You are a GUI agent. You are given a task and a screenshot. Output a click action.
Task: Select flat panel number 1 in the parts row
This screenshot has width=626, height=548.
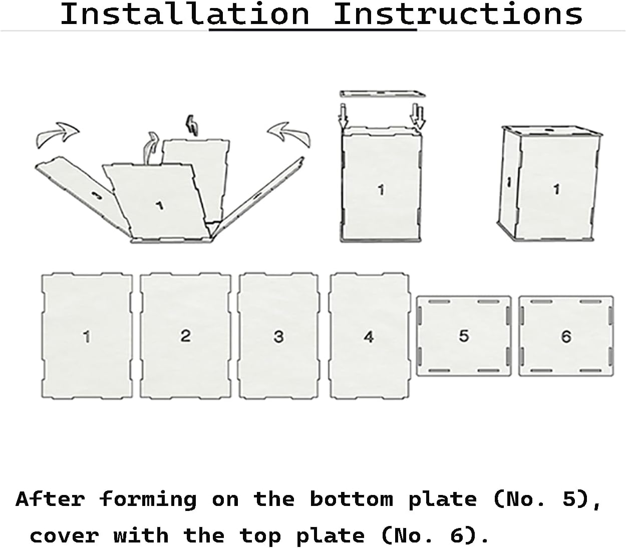[x=87, y=336]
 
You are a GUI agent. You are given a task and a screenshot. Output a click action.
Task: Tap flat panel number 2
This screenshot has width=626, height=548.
[x=185, y=336]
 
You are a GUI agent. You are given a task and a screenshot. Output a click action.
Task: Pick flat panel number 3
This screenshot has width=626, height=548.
[x=278, y=336]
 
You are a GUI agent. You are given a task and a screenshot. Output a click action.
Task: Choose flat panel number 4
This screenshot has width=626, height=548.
[x=369, y=336]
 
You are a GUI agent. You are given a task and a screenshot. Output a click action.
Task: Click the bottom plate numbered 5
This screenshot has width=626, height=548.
[x=464, y=336]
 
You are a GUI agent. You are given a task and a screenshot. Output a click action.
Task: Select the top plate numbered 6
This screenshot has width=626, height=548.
[x=566, y=336]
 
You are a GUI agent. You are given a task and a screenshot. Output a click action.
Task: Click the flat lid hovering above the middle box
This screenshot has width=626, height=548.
[x=382, y=94]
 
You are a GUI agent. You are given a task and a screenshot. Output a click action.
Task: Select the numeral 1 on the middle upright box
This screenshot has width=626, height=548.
[x=381, y=190]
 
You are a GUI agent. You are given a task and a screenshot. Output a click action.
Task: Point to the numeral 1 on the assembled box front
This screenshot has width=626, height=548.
[x=556, y=189]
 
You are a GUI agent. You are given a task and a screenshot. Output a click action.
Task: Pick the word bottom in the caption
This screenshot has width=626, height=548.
[x=351, y=499]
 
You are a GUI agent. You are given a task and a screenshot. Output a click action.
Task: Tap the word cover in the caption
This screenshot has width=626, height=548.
[x=64, y=536]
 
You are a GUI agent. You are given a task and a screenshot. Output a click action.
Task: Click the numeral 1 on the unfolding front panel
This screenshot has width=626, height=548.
[x=159, y=205]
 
